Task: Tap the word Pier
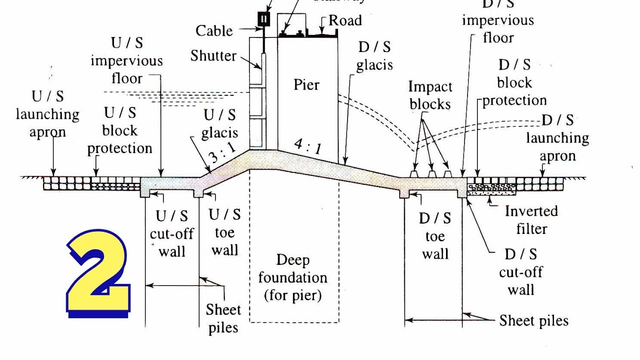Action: click(306, 84)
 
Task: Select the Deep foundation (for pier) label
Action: click(293, 277)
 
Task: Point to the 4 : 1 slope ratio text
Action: click(307, 146)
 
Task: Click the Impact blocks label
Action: click(429, 95)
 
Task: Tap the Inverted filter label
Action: click(531, 219)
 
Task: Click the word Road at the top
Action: click(345, 20)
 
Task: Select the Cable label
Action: click(214, 30)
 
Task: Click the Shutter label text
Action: click(213, 55)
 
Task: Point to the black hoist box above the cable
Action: click(264, 19)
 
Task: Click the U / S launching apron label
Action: click(47, 114)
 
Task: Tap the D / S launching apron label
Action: click(557, 137)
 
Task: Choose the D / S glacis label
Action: click(374, 56)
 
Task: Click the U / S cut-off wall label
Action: click(171, 233)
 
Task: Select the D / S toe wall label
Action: click(435, 236)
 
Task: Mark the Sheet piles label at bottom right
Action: click(533, 320)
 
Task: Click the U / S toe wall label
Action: click(224, 232)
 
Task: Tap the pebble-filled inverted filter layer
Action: click(491, 188)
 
